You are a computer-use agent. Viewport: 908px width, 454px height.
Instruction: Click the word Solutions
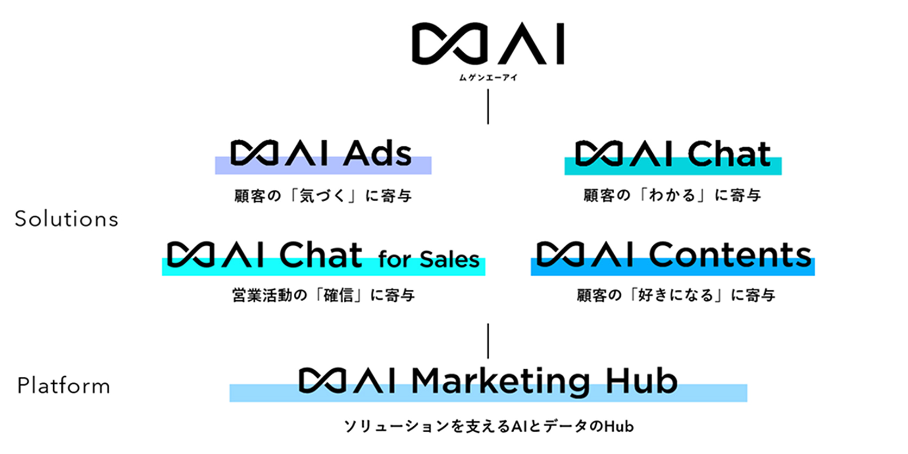coord(66,219)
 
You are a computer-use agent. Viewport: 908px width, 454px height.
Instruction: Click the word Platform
coord(64,386)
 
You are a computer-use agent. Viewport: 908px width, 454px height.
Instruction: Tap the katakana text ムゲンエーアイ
coord(488,78)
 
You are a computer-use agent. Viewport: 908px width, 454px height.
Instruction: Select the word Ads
coord(377,154)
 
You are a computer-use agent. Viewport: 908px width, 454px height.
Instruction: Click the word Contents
coord(730,254)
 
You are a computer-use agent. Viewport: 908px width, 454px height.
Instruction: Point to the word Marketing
coord(501,381)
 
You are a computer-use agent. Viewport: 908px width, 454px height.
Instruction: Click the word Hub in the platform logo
coord(642,380)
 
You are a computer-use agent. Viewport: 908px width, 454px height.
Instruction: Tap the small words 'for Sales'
coord(429,259)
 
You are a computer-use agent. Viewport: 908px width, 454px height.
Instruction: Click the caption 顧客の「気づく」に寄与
coord(323,196)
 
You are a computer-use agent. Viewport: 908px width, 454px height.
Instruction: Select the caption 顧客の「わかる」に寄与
coord(672,196)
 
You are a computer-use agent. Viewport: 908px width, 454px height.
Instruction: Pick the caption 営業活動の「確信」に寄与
coord(324,295)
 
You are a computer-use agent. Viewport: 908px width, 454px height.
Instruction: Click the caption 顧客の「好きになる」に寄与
coord(676,295)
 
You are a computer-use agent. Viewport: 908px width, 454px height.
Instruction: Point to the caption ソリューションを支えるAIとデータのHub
coord(489,426)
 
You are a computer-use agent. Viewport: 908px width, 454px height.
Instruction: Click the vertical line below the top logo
coord(488,107)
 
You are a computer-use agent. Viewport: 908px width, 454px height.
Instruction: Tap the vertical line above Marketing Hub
coord(488,341)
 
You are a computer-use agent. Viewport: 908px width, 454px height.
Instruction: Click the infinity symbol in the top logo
coord(450,43)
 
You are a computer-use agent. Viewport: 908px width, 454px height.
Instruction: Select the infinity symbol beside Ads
coord(255,153)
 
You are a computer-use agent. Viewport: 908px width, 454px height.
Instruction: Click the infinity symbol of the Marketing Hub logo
coord(323,381)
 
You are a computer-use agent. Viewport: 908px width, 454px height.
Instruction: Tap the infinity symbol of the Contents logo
coord(561,254)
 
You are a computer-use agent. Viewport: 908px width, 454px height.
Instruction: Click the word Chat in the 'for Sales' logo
coord(320,255)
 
